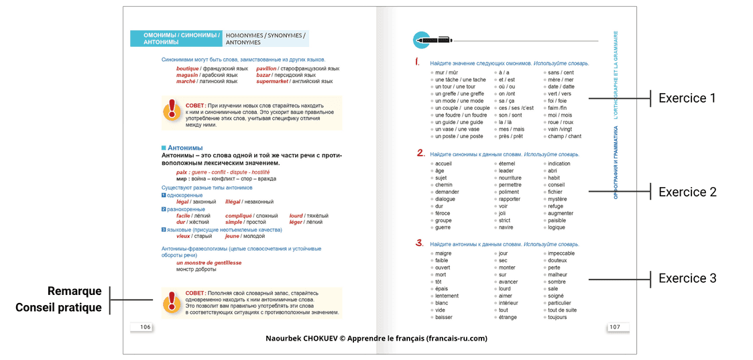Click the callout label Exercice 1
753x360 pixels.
point(687,99)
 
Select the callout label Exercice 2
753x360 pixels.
point(687,192)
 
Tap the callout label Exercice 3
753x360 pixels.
point(687,278)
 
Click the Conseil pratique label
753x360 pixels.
point(58,308)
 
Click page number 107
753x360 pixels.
point(614,327)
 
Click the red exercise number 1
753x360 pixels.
point(417,62)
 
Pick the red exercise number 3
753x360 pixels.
point(419,243)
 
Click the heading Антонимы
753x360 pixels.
point(185,147)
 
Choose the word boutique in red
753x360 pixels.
point(187,68)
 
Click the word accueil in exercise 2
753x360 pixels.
point(443,164)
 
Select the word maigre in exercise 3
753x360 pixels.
point(443,253)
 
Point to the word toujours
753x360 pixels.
point(557,317)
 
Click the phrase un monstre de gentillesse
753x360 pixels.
point(209,263)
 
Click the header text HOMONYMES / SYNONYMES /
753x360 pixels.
point(266,35)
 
